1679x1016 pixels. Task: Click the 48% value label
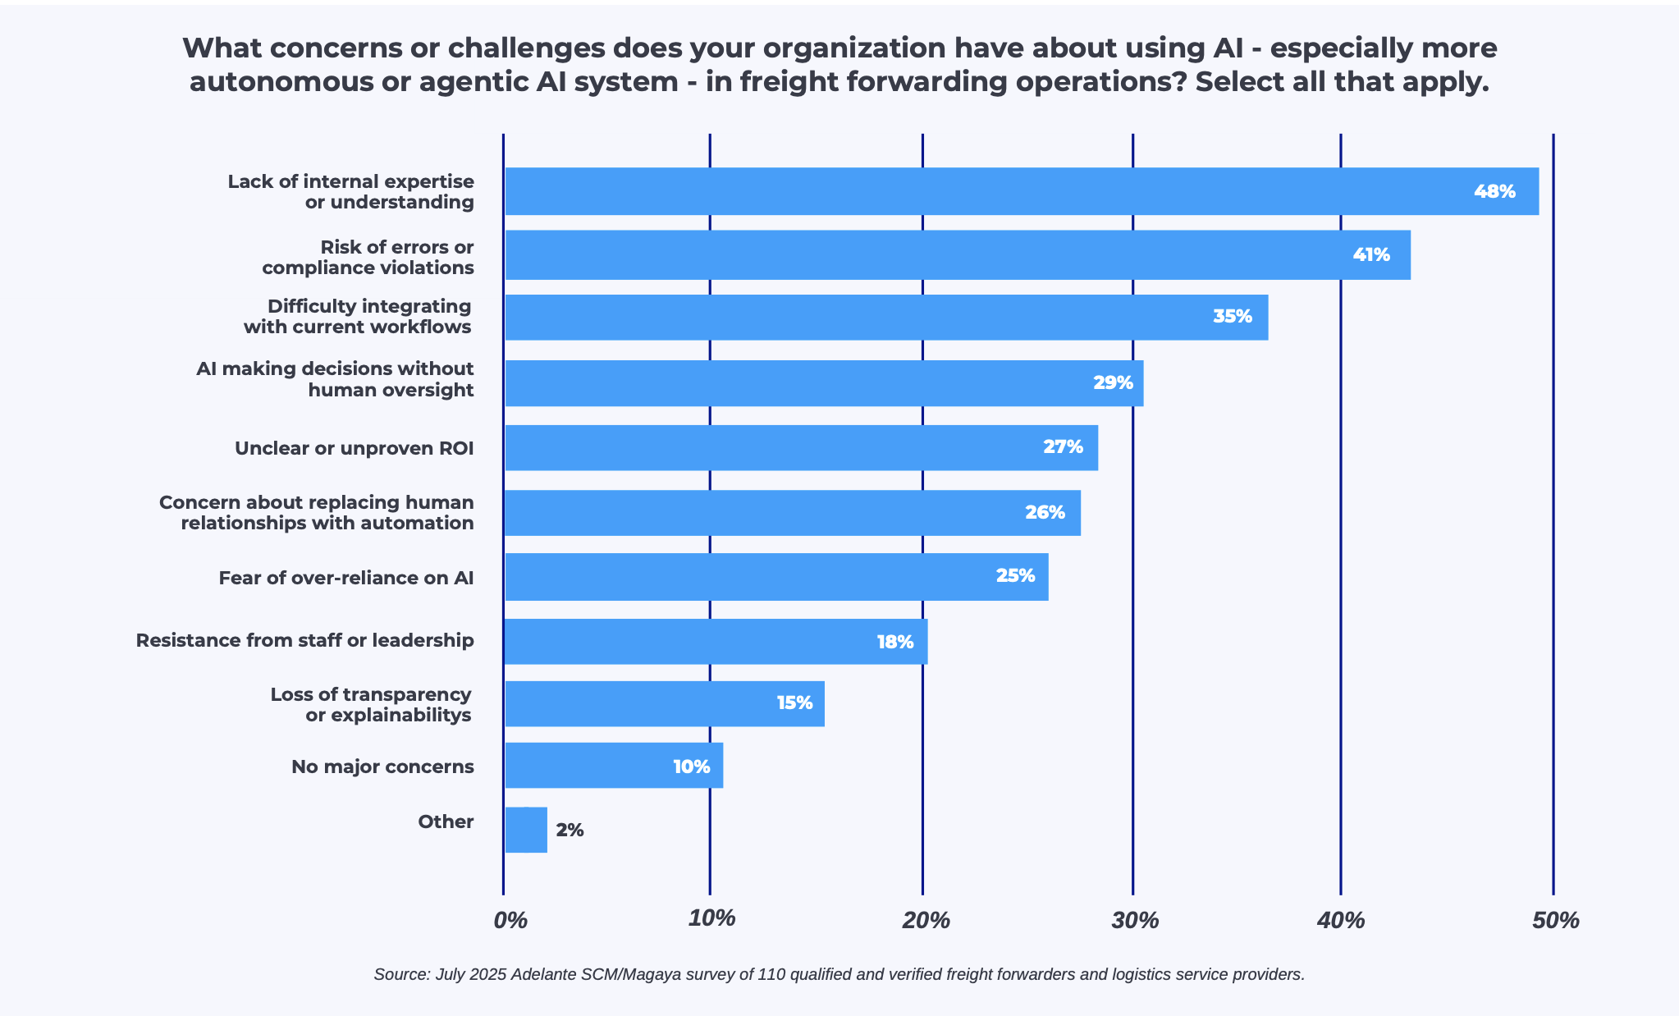pos(1494,192)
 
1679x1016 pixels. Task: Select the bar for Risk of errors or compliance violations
pos(957,255)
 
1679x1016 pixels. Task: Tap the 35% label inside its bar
pos(1232,317)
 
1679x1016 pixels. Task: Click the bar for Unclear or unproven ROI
pos(800,448)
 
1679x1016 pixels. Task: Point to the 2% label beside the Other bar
pos(570,831)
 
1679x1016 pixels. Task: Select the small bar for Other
pos(526,830)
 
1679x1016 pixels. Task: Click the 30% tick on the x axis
pos(1135,920)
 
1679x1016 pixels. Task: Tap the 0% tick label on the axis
pos(510,920)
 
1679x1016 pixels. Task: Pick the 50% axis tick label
pos(1555,920)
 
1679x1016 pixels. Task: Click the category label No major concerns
pos(382,767)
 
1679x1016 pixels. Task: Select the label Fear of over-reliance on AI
pos(345,578)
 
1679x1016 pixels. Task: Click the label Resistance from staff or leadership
pos(304,640)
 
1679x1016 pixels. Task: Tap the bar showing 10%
pos(614,766)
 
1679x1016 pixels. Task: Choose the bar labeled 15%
pos(665,703)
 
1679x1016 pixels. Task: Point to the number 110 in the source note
pos(771,974)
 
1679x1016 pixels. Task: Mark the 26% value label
pos(1044,513)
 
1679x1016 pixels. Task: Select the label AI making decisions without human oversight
pos(335,379)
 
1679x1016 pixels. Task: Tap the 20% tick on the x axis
pos(926,920)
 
